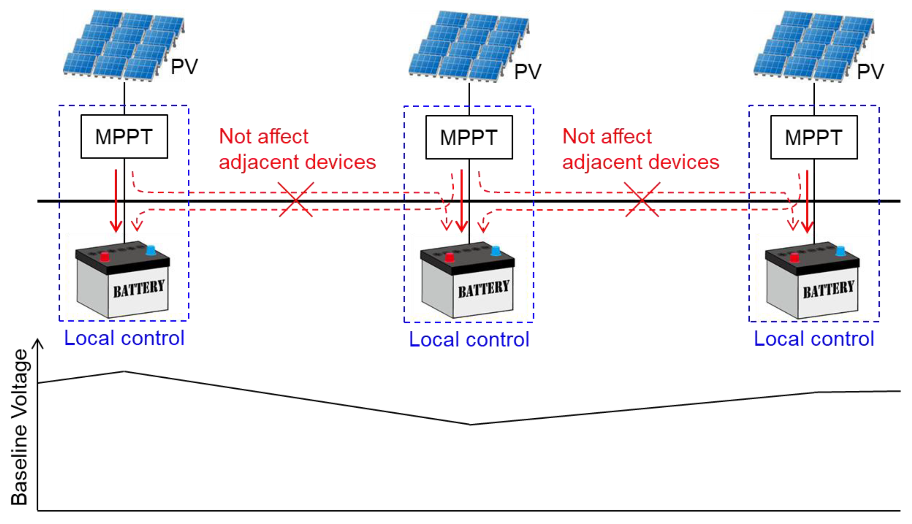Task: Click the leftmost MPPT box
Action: click(124, 136)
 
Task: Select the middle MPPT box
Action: click(469, 137)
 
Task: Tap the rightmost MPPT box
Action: click(814, 137)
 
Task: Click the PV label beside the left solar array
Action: click(184, 67)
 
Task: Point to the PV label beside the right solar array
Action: click(870, 72)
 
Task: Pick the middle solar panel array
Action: click(469, 46)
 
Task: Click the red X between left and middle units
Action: click(296, 199)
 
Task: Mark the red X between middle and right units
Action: click(642, 199)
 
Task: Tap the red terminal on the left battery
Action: click(104, 257)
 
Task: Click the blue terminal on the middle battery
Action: click(496, 250)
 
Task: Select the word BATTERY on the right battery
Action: click(828, 289)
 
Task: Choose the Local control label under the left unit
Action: click(124, 338)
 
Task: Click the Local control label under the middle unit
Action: click(469, 339)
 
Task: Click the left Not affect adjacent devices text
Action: click(298, 149)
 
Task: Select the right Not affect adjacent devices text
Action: click(641, 149)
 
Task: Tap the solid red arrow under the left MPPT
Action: click(116, 201)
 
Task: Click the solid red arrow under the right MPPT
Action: click(807, 202)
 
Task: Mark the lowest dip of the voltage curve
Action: click(471, 425)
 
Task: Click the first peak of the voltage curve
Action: click(124, 371)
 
